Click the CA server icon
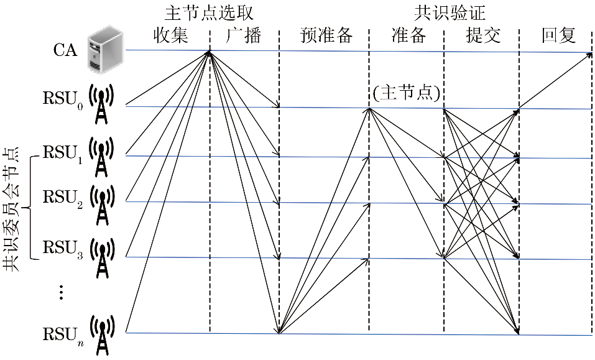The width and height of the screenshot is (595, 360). coord(103,49)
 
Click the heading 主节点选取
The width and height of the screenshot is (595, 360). coord(210,12)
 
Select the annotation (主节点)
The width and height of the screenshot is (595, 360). coord(407,94)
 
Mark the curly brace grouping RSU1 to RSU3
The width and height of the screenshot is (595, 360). coord(31,208)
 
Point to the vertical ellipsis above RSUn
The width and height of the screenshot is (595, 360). coord(61,292)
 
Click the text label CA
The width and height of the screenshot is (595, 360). coord(65,50)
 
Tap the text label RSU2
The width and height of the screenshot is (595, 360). coord(62,198)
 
